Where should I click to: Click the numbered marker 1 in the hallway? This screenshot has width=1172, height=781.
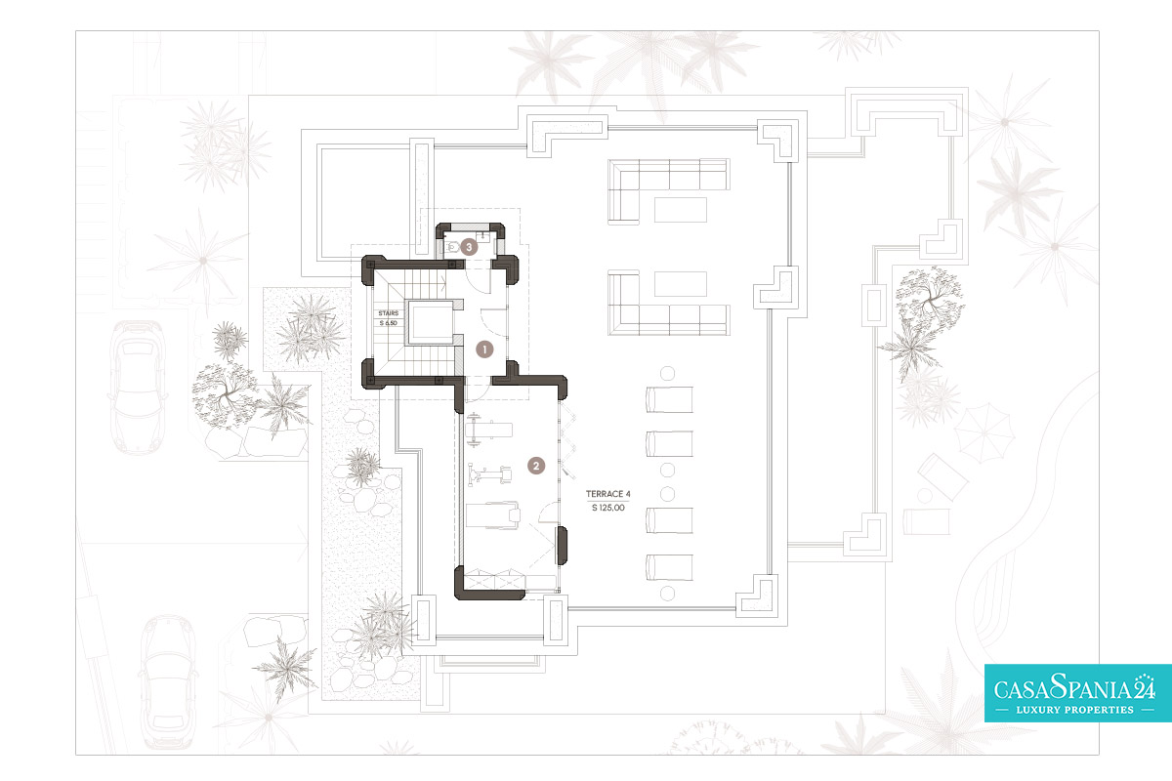coord(484,349)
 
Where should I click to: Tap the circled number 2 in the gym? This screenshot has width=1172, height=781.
coord(536,466)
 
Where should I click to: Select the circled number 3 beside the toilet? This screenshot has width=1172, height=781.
coord(469,247)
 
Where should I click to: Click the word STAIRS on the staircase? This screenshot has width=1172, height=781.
coord(389,313)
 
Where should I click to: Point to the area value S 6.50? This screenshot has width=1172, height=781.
coord(389,323)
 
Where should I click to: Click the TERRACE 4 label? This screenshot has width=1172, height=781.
coord(607,494)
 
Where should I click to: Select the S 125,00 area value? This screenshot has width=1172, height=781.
coord(607,508)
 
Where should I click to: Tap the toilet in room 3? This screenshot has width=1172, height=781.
coord(451,247)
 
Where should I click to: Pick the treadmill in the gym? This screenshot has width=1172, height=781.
coord(493,515)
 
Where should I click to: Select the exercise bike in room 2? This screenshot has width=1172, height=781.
coord(489,474)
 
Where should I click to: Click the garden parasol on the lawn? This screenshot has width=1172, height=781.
coord(984,433)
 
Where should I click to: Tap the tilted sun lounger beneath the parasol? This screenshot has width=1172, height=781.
coord(942,476)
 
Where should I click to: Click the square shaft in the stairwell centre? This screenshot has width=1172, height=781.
coord(431,322)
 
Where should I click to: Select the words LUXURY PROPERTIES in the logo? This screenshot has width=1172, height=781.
coord(1074,710)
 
